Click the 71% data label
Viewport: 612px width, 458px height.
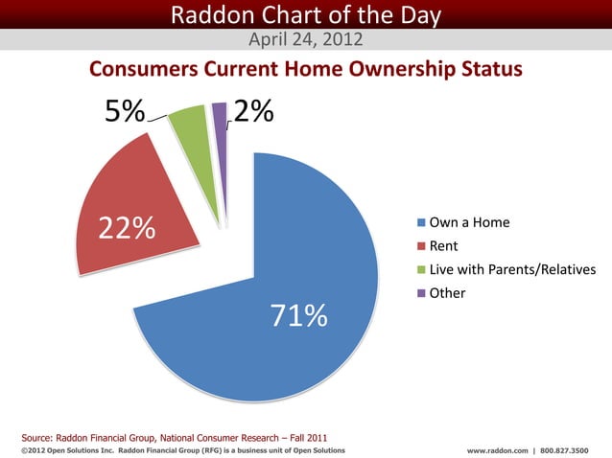point(298,315)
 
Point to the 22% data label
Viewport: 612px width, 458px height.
point(126,228)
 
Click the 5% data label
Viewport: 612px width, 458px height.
point(125,113)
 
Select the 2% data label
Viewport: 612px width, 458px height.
point(253,113)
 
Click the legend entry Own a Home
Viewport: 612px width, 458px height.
point(469,223)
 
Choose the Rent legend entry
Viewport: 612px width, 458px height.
point(442,246)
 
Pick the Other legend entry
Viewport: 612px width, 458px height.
point(447,292)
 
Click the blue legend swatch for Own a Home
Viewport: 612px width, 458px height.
point(421,223)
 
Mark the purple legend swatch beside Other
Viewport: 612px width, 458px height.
point(421,292)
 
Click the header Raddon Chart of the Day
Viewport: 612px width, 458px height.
point(305,14)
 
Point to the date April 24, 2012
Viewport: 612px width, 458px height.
point(305,39)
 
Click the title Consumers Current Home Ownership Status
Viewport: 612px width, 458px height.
point(305,71)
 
